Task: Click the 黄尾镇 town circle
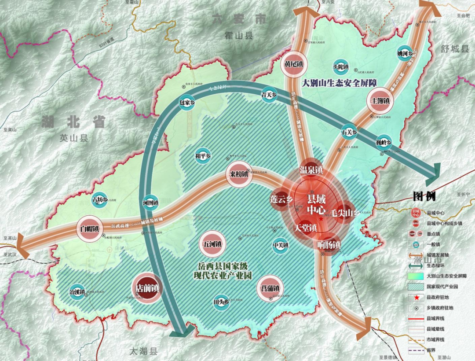coord(293,64)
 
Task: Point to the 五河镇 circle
coord(212,243)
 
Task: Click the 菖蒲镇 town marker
coord(269,288)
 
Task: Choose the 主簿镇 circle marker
coord(379,100)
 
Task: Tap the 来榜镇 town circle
coord(239,174)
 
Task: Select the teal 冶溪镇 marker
coord(77,291)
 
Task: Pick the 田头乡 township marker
coord(221,302)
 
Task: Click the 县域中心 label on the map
coord(316,205)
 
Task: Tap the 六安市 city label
coord(239,19)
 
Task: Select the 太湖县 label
coord(143,351)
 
